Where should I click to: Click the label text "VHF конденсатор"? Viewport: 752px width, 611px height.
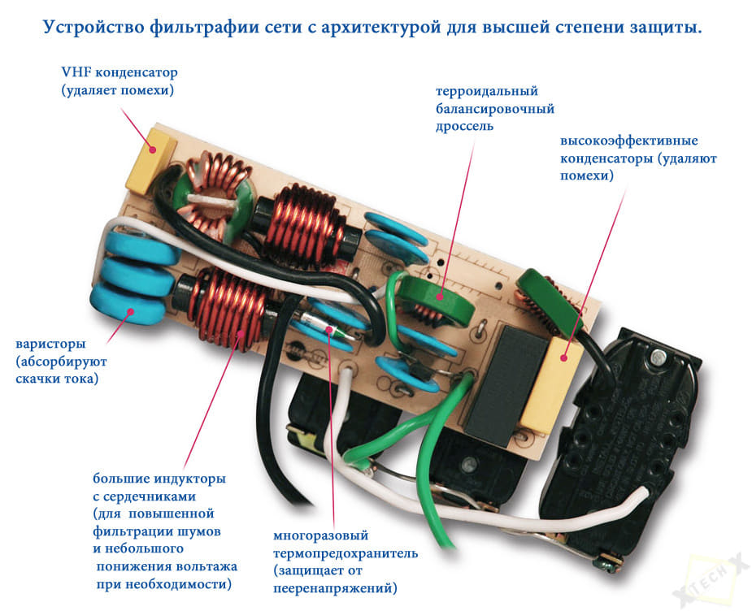[120, 72]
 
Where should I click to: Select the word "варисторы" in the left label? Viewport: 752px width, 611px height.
[51, 344]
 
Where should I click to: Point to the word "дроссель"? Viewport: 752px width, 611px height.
[464, 127]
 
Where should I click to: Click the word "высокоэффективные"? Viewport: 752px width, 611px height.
[628, 141]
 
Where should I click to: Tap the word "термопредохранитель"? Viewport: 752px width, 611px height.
[346, 553]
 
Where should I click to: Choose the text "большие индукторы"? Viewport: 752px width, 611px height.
[159, 479]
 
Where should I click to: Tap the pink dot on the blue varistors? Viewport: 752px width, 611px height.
[129, 312]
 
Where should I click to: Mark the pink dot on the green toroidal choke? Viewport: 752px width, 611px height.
[439, 297]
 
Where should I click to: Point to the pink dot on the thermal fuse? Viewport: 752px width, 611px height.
[329, 329]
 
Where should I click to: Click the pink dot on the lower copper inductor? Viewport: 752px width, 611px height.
[241, 332]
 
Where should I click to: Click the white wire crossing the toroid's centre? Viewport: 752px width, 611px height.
[212, 200]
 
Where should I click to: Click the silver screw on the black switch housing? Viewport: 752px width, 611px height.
[657, 357]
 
